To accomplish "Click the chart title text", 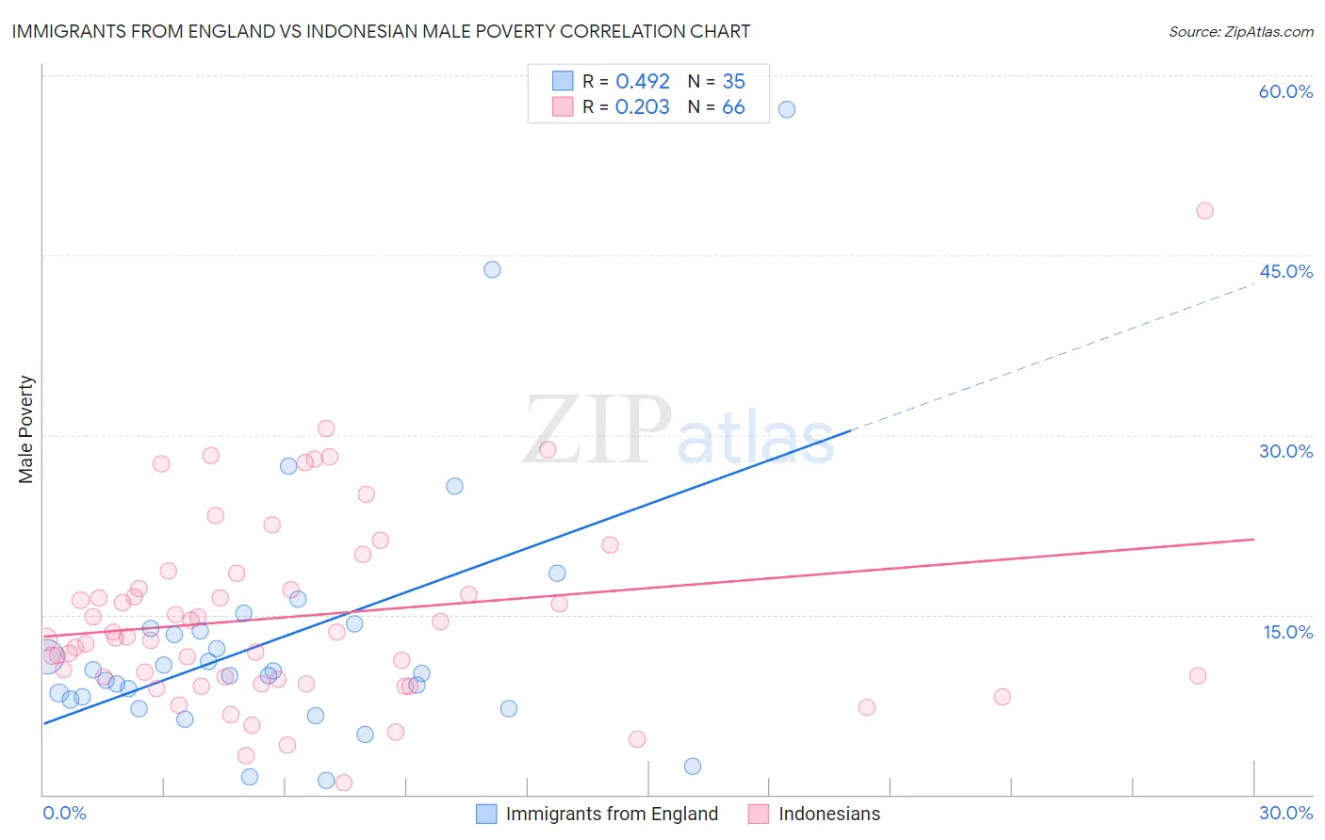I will point(381,31).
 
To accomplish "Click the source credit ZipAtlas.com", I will point(1240,31).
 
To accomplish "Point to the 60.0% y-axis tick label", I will point(1285,91).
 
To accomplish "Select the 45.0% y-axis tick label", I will point(1285,271).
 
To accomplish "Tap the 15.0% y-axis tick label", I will point(1287,632).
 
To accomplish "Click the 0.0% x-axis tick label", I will point(64,813).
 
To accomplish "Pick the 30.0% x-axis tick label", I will point(1285,813).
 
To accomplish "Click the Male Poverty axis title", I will point(26,429).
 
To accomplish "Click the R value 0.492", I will point(643,82).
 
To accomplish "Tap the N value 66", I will point(733,107).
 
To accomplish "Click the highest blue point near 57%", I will point(787,109).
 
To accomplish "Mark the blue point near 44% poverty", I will point(492,269).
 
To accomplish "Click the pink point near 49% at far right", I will point(1204,211).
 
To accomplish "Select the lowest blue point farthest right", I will point(693,767).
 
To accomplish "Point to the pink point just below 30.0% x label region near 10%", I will point(1198,675).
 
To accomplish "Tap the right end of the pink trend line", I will point(1253,540).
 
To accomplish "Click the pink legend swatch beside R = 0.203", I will point(563,107).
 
